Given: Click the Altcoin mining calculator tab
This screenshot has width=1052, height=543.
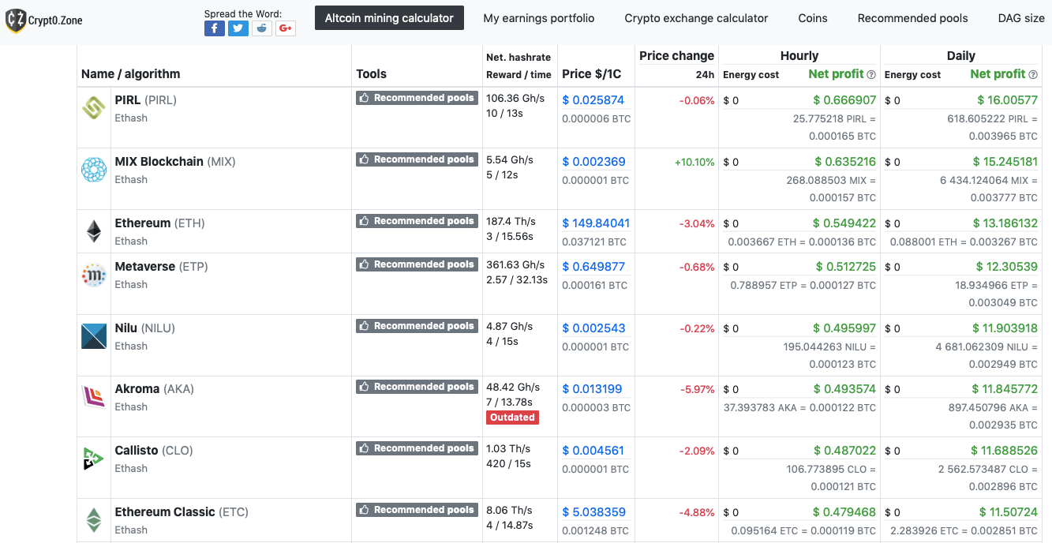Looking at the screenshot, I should [x=389, y=18].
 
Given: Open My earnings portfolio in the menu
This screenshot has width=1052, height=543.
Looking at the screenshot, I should [x=539, y=18].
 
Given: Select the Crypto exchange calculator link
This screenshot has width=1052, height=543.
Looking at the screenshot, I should [x=696, y=18].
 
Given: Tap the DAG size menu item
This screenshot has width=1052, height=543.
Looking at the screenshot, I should [x=1020, y=18].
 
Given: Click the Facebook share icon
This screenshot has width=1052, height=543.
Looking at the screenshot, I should [x=214, y=28].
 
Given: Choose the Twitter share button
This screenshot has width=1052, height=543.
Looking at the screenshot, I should [x=238, y=28].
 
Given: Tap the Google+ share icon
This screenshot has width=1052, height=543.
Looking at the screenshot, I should [x=286, y=28].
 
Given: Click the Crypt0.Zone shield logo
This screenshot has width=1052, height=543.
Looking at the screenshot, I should [x=15, y=21].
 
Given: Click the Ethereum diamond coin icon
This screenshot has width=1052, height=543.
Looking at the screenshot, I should [x=94, y=231].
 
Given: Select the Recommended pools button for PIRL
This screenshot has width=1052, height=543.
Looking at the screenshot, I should [x=417, y=98].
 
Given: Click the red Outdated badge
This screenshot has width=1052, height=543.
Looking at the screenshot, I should [x=512, y=418].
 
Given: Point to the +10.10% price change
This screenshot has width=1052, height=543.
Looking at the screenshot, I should [x=694, y=162].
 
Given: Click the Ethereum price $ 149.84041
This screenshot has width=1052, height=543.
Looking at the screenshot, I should [x=596, y=223].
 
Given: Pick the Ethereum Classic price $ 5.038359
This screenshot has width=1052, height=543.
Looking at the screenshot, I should [x=593, y=512].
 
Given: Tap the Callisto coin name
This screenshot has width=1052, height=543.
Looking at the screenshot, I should [x=137, y=451].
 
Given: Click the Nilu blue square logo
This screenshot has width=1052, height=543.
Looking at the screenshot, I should [x=94, y=336].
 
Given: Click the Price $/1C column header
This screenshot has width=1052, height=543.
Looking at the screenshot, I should [x=591, y=74].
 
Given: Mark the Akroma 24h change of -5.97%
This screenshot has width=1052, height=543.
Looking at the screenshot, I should [x=697, y=389].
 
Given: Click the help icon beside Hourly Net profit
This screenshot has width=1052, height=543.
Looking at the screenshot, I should [x=871, y=75].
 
